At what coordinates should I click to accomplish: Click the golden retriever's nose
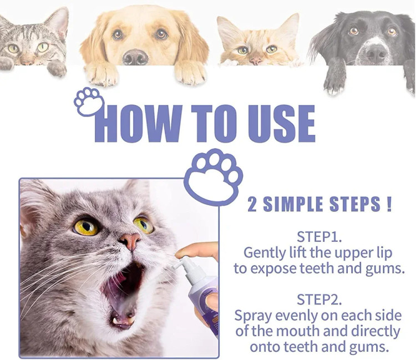pos(135,57)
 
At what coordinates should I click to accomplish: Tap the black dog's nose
pos(376,53)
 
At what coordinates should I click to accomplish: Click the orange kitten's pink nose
pos(256,61)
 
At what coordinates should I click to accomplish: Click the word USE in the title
pos(281,124)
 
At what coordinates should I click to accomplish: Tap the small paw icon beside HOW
pos(89,101)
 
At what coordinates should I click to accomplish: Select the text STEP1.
pos(319,237)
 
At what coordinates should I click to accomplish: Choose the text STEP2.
pos(319,300)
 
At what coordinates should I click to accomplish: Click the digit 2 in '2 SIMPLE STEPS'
pos(252,205)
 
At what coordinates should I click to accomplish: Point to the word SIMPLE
pos(293,205)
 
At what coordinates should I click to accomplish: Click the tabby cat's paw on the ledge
pos(57,68)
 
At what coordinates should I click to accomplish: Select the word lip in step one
pos(384,253)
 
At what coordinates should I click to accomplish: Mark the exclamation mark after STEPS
pos(389,205)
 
